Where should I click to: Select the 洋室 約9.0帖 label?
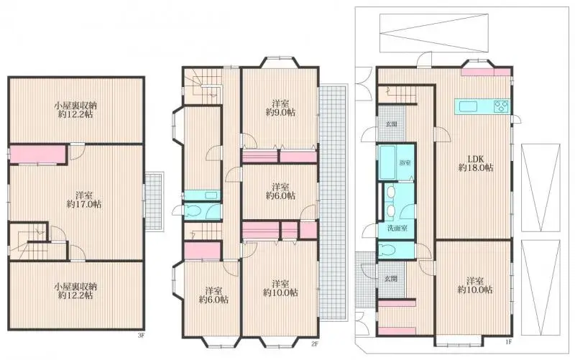point(279,107)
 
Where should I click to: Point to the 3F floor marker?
point(141,334)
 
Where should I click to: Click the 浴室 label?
point(405,163)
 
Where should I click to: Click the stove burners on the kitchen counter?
point(500,107)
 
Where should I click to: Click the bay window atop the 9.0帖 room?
point(279,62)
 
